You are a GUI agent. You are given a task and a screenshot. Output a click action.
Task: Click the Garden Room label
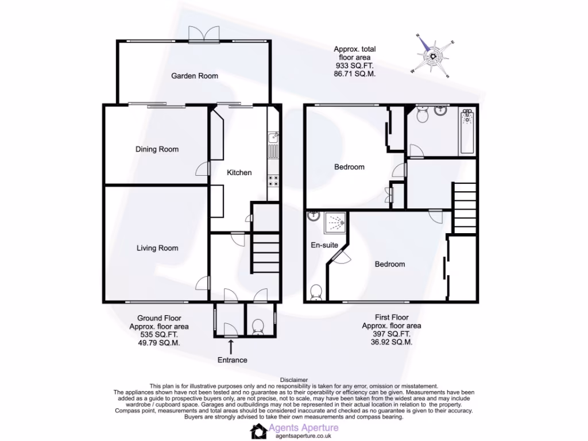pos(195,76)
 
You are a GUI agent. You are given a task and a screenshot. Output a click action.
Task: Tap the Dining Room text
pos(157,149)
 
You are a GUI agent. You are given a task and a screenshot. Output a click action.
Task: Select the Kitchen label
pos(239,172)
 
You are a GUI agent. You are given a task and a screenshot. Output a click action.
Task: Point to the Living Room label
pos(157,248)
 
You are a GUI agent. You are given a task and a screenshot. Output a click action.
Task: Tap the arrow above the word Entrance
pos(231,346)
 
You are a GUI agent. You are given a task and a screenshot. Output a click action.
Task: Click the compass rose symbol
pos(432,56)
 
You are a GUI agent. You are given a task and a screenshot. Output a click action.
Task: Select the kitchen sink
pos(273,138)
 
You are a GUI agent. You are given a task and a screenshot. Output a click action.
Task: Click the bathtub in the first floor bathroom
pos(467,131)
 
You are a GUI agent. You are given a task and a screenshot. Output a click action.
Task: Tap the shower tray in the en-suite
pos(335,223)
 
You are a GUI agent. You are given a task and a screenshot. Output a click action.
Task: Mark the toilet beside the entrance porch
pos(258,326)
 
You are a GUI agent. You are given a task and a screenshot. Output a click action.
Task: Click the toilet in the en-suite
pos(316,293)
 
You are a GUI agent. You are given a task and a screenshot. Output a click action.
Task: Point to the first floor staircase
pos(464,207)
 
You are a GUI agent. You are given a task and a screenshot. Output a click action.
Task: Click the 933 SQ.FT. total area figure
pos(354,65)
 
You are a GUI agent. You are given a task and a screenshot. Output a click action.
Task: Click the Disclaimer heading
pos(294,380)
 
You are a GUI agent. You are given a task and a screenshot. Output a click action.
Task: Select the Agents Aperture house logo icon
pos(260,431)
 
